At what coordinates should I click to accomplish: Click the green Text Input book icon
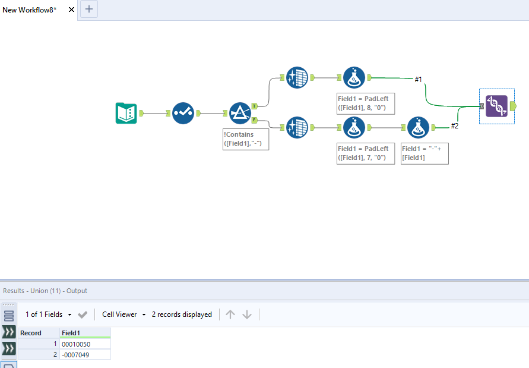point(126,113)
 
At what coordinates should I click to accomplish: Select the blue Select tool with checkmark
point(183,113)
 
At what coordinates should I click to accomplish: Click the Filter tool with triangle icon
point(240,113)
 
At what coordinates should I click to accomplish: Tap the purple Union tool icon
point(496,106)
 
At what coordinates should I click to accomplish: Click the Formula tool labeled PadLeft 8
point(354,77)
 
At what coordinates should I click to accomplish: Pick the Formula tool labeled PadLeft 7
point(354,127)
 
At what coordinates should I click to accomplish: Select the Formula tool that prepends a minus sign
point(418,127)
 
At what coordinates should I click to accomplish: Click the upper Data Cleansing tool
point(297,77)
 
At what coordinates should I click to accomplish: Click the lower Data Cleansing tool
point(297,127)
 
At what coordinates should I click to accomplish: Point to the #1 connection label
point(419,79)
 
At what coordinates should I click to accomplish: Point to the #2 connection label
point(455,125)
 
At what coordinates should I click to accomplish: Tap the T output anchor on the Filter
point(255,106)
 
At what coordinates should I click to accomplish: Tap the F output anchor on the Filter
point(255,120)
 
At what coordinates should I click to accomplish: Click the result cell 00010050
point(84,344)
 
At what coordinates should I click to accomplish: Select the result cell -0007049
point(84,354)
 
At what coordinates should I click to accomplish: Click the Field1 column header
point(84,333)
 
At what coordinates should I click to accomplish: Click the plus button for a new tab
point(89,9)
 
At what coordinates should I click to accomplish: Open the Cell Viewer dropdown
point(123,314)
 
